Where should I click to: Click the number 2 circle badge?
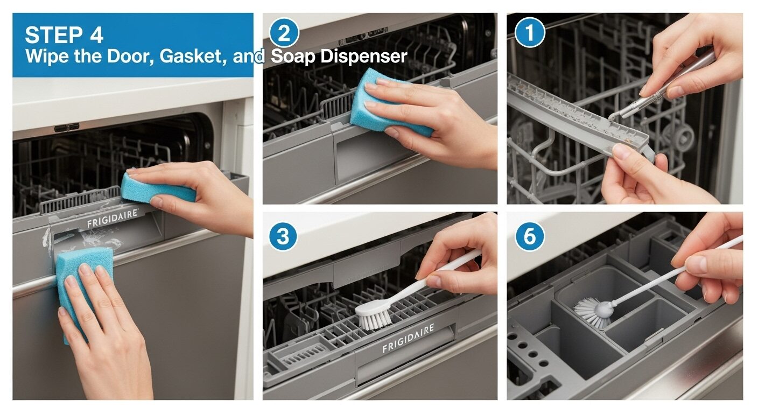[284, 34]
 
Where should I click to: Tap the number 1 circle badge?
[530, 34]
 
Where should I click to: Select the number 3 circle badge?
[284, 237]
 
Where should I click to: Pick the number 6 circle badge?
[530, 237]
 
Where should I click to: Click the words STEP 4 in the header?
[64, 36]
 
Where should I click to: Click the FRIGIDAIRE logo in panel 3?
[408, 339]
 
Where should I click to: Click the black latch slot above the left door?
[67, 128]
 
